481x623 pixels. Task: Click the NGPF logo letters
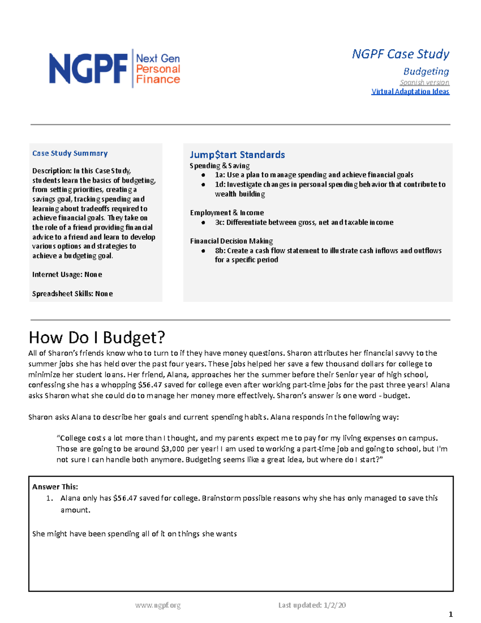pos(88,69)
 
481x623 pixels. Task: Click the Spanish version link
pos(424,82)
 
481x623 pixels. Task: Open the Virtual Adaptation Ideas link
pos(410,91)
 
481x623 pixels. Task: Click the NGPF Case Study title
pos(400,54)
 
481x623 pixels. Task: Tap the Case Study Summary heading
pos(70,153)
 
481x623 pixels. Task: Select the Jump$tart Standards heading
pos(237,154)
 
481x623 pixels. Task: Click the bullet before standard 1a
pos(204,175)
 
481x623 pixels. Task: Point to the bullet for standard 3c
pos(204,222)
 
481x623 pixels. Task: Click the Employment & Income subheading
pos(227,213)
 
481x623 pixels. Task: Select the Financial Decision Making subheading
pos(231,241)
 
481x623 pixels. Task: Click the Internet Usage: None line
pos(67,274)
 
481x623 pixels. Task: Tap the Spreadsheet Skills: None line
pos(72,294)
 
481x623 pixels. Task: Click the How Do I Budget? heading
pos(97,337)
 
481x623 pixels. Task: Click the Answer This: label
pos(55,487)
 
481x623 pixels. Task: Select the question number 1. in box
pos(50,498)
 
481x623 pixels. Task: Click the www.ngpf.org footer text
pos(158,605)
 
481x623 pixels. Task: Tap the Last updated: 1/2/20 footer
pos(312,605)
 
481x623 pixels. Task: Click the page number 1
pos(451,614)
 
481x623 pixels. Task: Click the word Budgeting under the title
pos(426,71)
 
